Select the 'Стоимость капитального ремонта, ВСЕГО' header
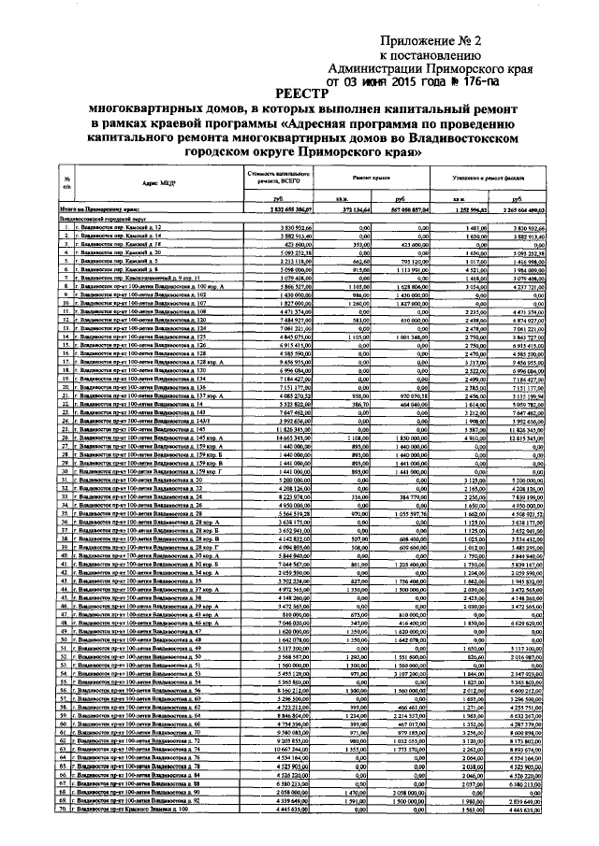click(x=278, y=178)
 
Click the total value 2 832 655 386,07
click(x=280, y=211)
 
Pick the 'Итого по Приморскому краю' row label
click(x=103, y=211)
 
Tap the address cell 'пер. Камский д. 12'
click(x=122, y=227)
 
